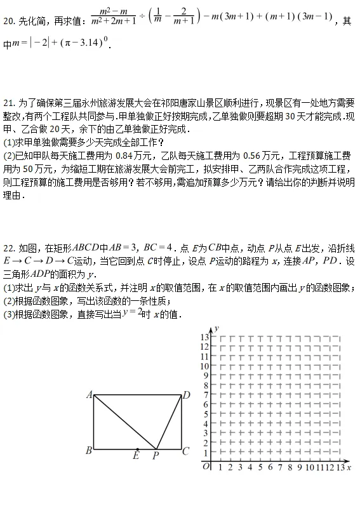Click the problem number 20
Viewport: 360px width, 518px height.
click(x=8, y=21)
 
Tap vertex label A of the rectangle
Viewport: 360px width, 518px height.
click(x=89, y=395)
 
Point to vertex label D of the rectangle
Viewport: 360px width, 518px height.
click(x=187, y=395)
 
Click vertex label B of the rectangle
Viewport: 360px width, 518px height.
click(x=88, y=451)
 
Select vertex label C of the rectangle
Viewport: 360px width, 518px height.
click(x=186, y=451)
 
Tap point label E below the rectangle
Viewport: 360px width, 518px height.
click(x=137, y=455)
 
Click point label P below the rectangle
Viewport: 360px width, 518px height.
click(x=156, y=455)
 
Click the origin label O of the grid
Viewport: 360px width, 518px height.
click(x=206, y=467)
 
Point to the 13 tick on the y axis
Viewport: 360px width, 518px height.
click(x=204, y=337)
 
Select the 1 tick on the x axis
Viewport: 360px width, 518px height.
click(x=220, y=467)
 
